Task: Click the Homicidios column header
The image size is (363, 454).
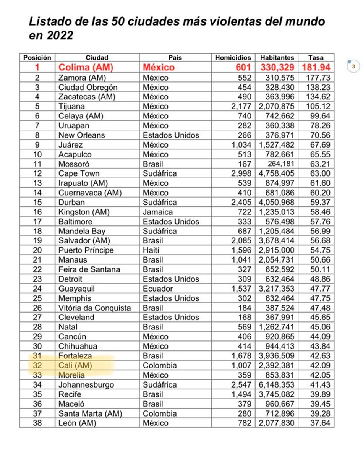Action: (233, 58)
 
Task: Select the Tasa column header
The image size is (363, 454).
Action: (316, 58)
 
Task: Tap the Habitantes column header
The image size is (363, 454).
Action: (277, 58)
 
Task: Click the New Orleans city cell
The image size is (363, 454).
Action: (81, 135)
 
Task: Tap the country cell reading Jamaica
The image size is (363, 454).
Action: (157, 212)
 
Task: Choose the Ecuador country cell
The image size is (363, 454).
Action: (158, 289)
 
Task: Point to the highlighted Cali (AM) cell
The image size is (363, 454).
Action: (75, 365)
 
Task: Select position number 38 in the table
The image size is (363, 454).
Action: (37, 423)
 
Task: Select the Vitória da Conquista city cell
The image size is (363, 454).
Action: (94, 308)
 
